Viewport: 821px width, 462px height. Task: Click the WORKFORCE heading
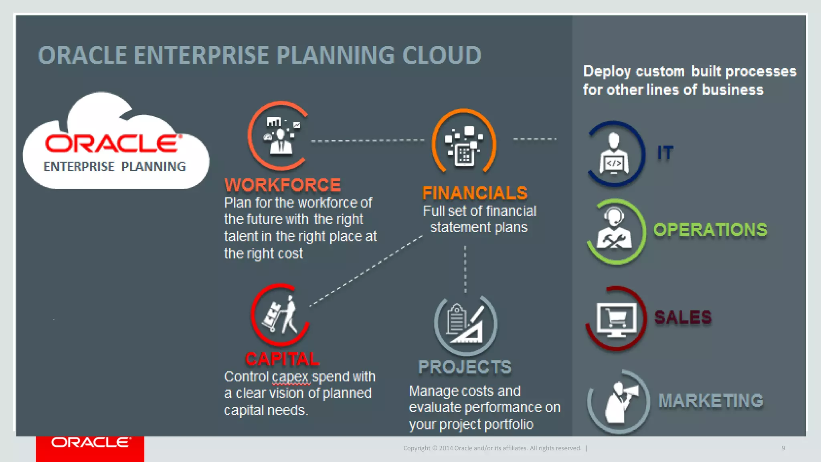283,185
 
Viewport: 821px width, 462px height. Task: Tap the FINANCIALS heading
475,193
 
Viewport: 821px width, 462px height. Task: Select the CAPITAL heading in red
282,359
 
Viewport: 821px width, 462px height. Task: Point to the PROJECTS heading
465,367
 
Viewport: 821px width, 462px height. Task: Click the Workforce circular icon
279,136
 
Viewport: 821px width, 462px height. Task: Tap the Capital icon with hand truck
280,315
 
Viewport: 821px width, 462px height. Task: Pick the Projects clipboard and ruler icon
466,325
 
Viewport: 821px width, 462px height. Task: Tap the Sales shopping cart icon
616,319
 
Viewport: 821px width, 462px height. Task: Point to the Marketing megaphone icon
619,401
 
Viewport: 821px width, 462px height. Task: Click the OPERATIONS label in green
710,230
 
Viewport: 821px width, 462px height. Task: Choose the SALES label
683,317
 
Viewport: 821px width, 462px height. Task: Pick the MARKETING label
711,401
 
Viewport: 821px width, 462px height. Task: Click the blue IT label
665,153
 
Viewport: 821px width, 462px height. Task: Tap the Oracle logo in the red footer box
91,442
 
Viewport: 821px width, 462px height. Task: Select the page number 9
783,448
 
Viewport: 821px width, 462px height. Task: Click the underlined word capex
290,377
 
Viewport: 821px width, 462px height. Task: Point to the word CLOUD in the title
441,55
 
